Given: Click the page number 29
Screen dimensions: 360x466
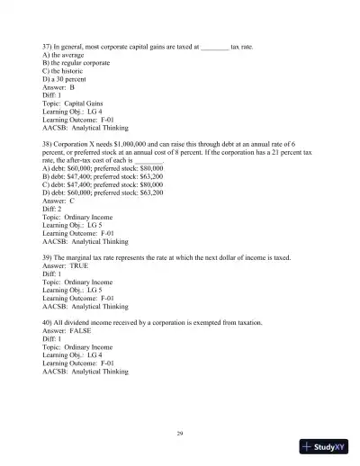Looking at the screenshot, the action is [180, 434].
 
